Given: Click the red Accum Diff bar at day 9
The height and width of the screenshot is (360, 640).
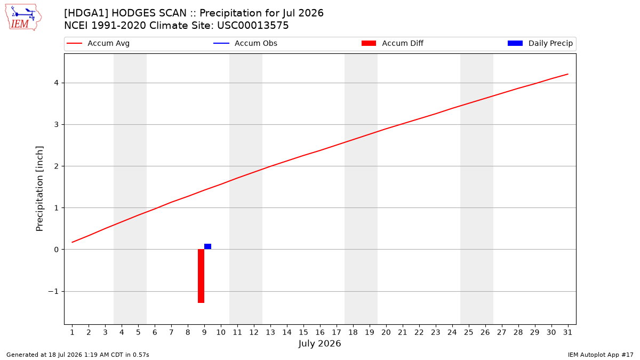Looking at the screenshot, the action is (x=201, y=276).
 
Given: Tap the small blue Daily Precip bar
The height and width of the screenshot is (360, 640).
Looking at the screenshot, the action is (x=207, y=246).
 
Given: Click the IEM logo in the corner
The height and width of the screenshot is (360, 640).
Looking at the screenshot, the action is (x=23, y=18).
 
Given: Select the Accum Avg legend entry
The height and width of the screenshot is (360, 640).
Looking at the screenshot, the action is (x=98, y=43).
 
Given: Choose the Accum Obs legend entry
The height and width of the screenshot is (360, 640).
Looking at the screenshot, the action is (x=245, y=43).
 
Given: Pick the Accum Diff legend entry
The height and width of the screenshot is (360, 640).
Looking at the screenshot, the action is (x=393, y=43).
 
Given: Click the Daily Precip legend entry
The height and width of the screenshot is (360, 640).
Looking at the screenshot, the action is (x=540, y=43).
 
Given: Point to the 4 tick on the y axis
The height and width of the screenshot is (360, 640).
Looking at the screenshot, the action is (x=57, y=83).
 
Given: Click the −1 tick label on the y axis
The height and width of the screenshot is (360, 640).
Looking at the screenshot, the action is (x=53, y=291).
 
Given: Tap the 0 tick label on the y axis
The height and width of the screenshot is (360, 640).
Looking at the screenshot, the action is (x=57, y=250).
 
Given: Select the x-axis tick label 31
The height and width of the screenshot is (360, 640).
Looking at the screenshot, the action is (x=567, y=332).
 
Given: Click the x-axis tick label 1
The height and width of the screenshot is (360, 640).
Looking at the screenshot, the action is (x=73, y=332).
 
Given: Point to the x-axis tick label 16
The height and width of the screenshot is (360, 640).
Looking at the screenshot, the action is (x=320, y=332).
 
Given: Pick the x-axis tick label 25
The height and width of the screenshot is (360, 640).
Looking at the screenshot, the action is (x=469, y=332).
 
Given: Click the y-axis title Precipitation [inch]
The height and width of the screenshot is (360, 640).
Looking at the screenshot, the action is (x=39, y=189).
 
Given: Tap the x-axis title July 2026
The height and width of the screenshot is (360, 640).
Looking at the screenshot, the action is (x=319, y=343).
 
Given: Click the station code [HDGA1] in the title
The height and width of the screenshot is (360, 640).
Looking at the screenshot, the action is (x=86, y=13).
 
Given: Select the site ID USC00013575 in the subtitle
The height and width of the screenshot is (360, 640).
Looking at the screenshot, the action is (x=253, y=26).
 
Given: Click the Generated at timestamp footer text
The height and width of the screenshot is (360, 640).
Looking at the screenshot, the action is (x=78, y=355).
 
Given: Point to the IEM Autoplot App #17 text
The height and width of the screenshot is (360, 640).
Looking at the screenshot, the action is (x=601, y=355).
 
